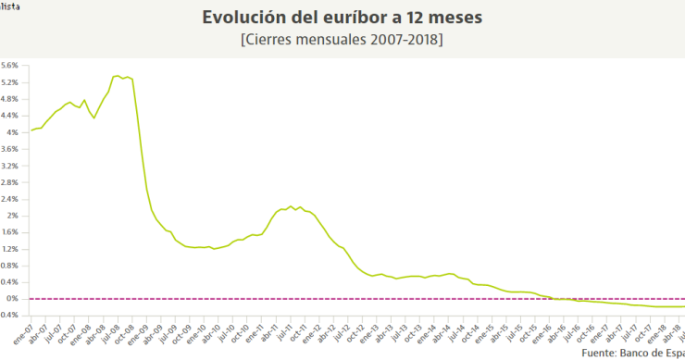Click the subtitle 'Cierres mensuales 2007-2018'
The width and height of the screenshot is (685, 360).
[342, 40]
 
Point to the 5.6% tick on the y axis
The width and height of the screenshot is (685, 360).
[10, 66]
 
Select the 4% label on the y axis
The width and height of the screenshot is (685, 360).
[13, 132]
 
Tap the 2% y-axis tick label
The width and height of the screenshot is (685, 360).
[13, 216]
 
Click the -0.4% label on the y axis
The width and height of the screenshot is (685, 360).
[8, 316]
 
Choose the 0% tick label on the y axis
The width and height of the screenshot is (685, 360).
[13, 299]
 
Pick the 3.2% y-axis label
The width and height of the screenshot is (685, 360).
[10, 166]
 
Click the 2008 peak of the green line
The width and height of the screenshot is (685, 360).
[117, 76]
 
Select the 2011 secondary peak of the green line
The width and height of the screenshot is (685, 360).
[291, 206]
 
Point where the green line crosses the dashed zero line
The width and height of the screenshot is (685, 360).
[553, 299]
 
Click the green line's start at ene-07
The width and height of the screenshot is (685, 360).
[31, 130]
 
